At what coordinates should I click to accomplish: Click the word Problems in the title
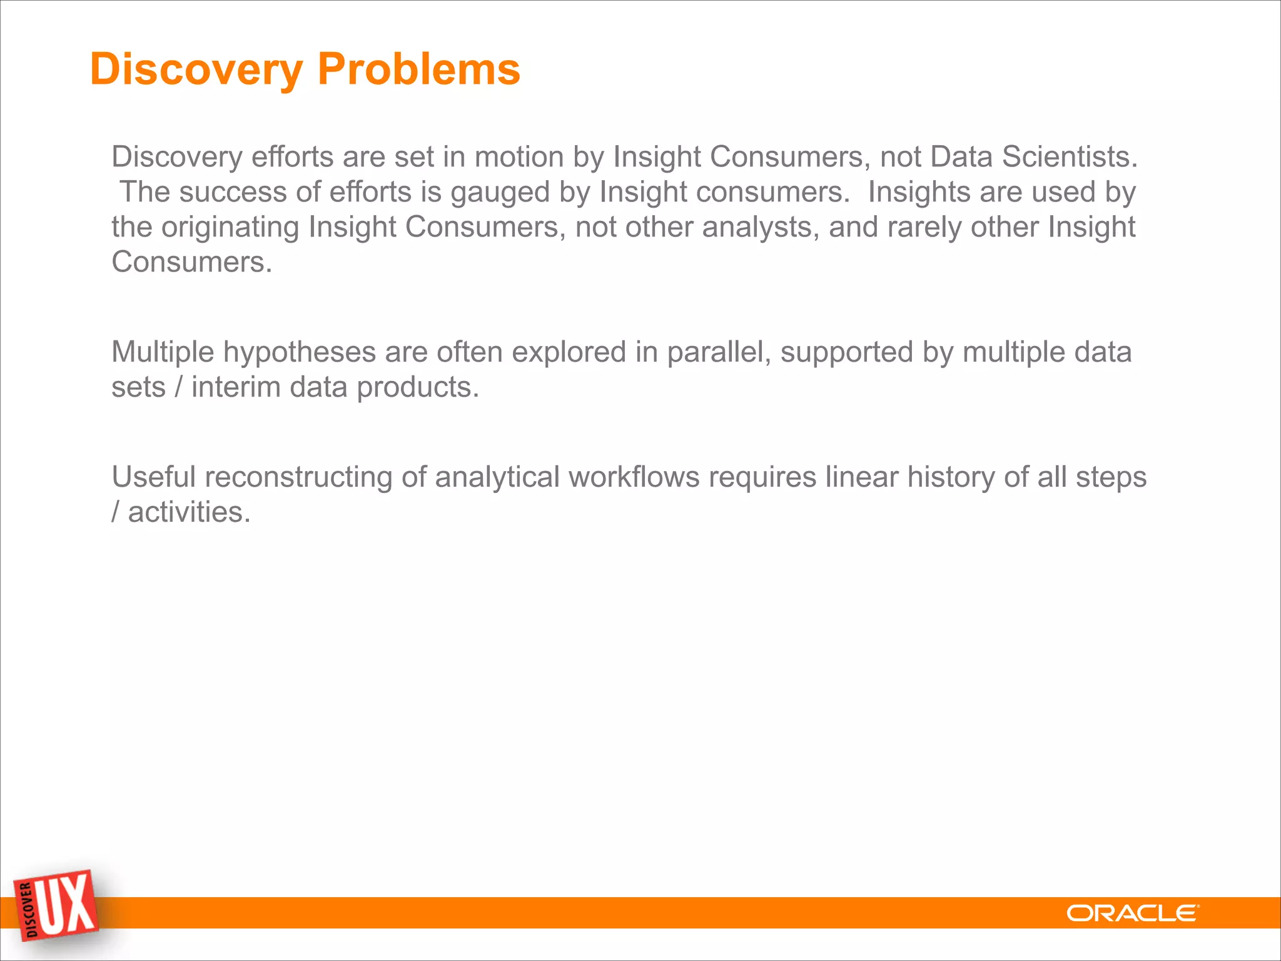418,69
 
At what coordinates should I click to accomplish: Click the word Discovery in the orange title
196,69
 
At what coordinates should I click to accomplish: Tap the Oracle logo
1132,913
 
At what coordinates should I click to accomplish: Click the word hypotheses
300,352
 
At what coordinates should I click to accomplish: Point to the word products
417,387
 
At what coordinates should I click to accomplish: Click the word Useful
154,477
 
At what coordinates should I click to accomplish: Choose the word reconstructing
298,477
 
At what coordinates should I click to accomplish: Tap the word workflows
634,477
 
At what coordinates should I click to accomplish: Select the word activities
189,512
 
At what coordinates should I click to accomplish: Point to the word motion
519,156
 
